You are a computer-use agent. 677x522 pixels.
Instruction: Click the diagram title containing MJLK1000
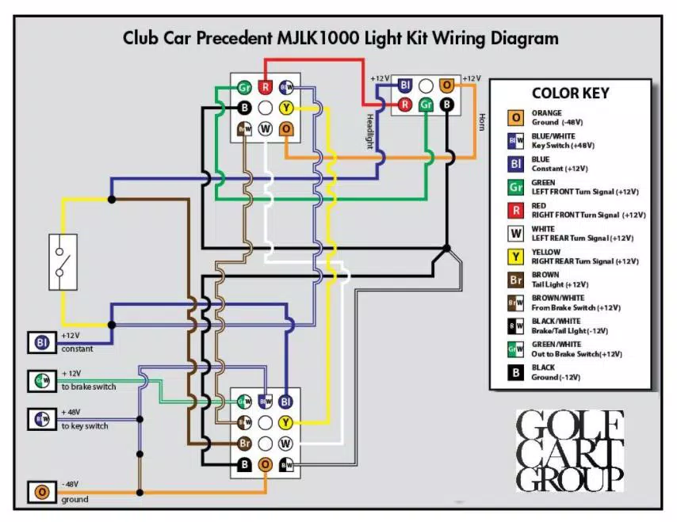pyautogui.click(x=340, y=38)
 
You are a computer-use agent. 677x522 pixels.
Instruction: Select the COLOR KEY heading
pyautogui.click(x=570, y=93)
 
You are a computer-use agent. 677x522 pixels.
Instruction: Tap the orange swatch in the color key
pyautogui.click(x=516, y=118)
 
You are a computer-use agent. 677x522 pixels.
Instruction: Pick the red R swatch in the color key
pyautogui.click(x=516, y=210)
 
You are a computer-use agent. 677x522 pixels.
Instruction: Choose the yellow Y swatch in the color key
pyautogui.click(x=516, y=257)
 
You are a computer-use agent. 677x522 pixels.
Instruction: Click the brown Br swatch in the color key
pyautogui.click(x=516, y=280)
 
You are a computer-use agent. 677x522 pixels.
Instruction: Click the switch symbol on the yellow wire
pyautogui.click(x=62, y=261)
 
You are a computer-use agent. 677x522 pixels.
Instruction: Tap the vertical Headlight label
pyautogui.click(x=369, y=130)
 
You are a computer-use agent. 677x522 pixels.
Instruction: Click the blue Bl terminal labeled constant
pyautogui.click(x=41, y=342)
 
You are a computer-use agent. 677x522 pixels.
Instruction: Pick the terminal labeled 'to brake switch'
pyautogui.click(x=41, y=380)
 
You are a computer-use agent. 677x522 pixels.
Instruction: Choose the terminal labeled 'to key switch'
pyautogui.click(x=41, y=419)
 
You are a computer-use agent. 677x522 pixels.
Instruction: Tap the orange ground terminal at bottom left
pyautogui.click(x=41, y=493)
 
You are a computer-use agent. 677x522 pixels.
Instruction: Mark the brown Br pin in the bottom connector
pyautogui.click(x=245, y=443)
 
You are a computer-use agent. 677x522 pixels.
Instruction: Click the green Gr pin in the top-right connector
pyautogui.click(x=426, y=104)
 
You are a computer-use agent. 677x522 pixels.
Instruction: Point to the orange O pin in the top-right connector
pyautogui.click(x=447, y=84)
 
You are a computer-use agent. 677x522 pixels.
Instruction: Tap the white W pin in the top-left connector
pyautogui.click(x=266, y=128)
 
